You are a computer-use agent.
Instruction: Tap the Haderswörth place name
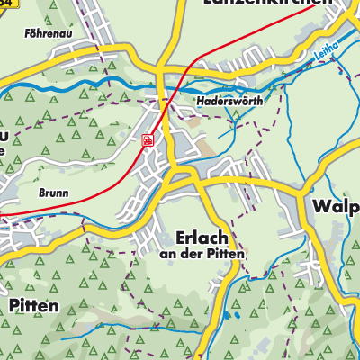click(229, 103)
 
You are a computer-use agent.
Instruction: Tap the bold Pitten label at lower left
click(33, 306)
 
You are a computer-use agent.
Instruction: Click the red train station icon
click(147, 139)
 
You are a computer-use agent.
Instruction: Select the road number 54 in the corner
click(9, 4)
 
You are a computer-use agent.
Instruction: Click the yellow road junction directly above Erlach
click(189, 175)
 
